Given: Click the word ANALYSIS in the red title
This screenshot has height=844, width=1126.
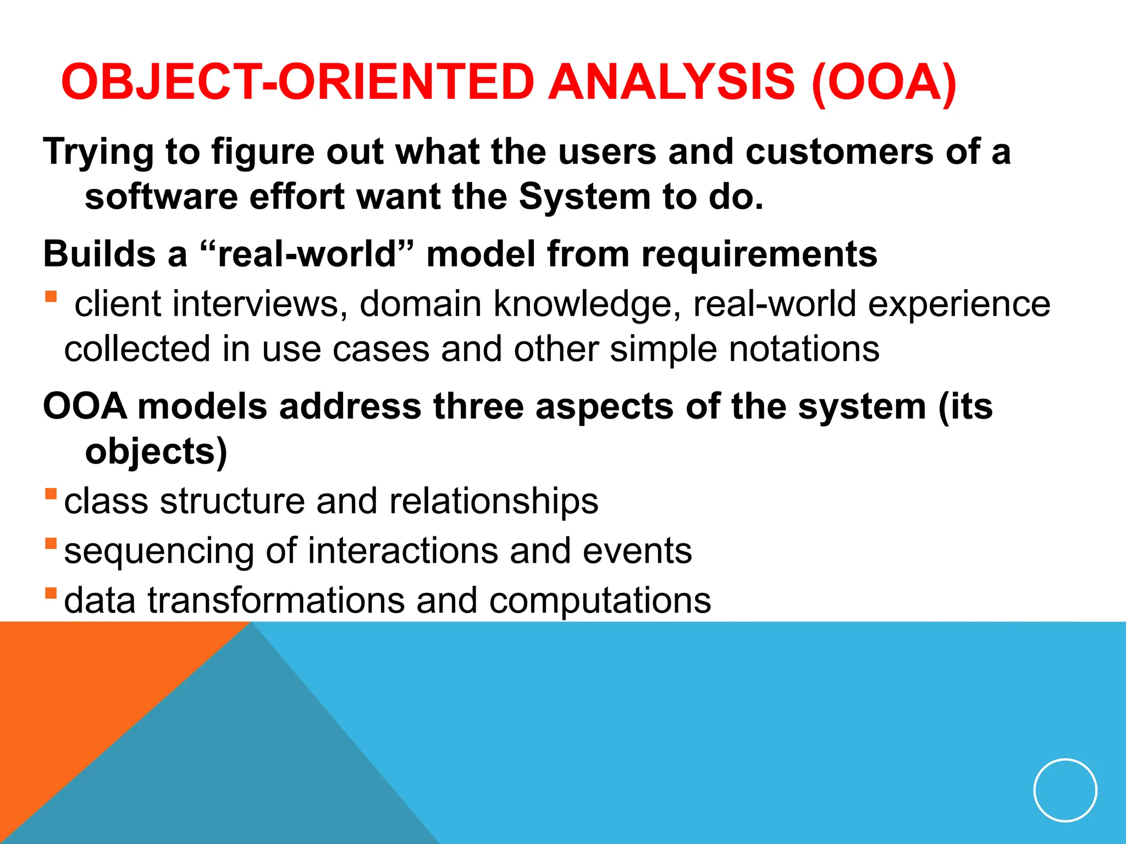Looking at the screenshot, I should point(671,82).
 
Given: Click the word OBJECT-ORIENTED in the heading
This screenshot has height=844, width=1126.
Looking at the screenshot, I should point(297,82).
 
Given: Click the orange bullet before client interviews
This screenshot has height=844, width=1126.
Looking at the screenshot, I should point(51,297).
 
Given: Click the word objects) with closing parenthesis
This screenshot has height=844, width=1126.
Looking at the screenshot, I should point(156,452).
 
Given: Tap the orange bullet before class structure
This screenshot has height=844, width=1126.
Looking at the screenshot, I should point(51,493).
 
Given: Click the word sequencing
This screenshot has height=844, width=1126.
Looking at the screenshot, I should point(159,552).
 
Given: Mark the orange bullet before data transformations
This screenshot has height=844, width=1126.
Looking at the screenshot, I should point(51,593).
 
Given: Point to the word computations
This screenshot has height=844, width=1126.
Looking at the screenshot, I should point(600,600).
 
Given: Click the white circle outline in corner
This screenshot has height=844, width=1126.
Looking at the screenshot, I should point(1065,790).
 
